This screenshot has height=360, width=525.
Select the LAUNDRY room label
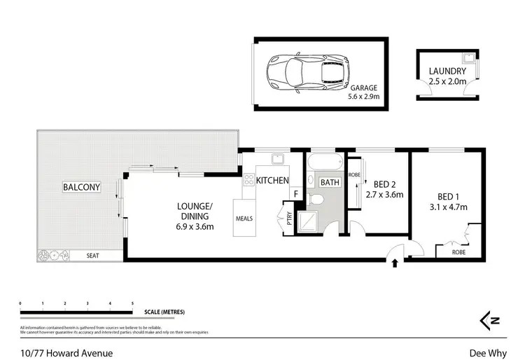[x=447, y=71]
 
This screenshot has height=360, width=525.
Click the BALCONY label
[x=82, y=187]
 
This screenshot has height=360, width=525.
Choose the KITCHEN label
[x=272, y=181]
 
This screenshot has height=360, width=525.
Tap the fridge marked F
[x=295, y=193]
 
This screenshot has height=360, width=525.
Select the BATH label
[x=329, y=183]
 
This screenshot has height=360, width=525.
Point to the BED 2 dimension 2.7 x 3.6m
[x=385, y=195]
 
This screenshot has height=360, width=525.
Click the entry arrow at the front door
[x=393, y=264]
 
